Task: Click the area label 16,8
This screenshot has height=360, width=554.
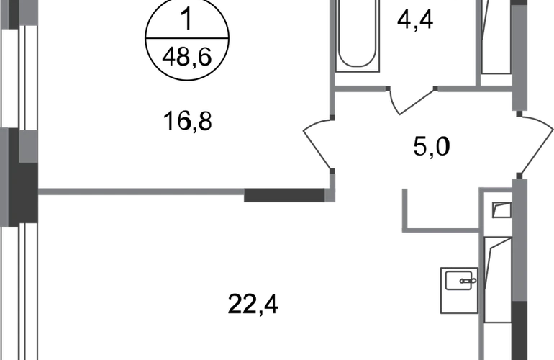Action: click(x=187, y=121)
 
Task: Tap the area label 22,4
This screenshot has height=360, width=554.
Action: click(x=253, y=305)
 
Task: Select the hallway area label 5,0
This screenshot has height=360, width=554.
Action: click(x=432, y=146)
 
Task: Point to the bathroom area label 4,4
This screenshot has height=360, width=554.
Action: click(x=415, y=20)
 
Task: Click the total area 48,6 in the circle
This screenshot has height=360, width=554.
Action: click(x=187, y=57)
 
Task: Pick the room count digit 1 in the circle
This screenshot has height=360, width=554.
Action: click(x=186, y=19)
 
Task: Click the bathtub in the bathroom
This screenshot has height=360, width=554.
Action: click(x=357, y=35)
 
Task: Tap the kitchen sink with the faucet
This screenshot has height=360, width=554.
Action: click(x=459, y=290)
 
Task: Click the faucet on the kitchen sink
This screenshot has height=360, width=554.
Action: click(x=468, y=281)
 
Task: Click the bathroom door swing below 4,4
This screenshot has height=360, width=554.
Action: click(x=412, y=100)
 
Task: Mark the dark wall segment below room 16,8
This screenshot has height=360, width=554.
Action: click(x=284, y=195)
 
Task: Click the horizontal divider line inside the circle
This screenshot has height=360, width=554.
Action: click(x=187, y=38)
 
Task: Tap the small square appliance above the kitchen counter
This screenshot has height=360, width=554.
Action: click(x=501, y=210)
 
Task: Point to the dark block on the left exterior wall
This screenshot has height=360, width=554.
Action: click(x=23, y=194)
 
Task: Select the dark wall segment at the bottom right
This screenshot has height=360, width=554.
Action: click(x=519, y=330)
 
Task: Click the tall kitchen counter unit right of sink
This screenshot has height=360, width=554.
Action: click(x=497, y=279)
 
